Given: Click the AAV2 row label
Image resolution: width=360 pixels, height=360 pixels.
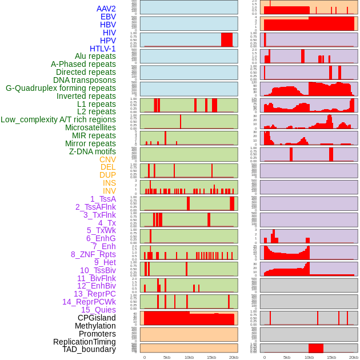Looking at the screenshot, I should tap(106, 9).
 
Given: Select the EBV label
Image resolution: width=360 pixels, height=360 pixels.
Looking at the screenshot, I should tap(108, 17).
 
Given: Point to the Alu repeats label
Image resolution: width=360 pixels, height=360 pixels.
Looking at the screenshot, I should tap(95, 56).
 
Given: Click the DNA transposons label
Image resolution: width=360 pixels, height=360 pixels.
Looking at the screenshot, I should tap(85, 80).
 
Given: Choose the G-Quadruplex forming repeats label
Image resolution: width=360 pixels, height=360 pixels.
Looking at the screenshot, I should tap(61, 88).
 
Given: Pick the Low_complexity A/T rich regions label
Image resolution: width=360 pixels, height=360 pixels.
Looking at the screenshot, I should tap(58, 119).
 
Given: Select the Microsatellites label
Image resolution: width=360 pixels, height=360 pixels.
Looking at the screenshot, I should tap(90, 127).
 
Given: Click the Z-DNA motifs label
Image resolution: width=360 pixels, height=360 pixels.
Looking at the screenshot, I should tap(93, 151).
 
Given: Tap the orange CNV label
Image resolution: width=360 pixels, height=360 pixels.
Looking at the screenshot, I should tap(107, 159).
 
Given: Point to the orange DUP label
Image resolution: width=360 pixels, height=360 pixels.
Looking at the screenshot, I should tap(107, 175).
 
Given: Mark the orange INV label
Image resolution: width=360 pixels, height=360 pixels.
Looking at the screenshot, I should tap(109, 191).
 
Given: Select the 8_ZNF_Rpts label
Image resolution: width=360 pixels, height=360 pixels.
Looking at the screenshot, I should tap(93, 254).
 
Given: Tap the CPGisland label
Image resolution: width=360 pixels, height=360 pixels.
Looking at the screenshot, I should tap(97, 318).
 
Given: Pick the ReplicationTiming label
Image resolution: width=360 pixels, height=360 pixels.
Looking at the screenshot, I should tap(84, 342).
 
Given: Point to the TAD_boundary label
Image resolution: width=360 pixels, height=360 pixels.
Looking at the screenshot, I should tap(89, 349).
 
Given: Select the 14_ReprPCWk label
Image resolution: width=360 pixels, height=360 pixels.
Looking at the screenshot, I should tap(89, 302).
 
